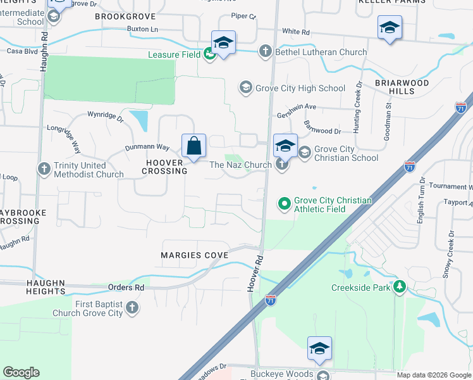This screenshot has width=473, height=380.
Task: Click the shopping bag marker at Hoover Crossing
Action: pos(193,146)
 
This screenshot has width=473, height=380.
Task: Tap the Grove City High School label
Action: pos(300,89)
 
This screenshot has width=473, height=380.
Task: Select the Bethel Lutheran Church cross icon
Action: pos(266,52)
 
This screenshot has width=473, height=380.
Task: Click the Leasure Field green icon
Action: pos(209,54)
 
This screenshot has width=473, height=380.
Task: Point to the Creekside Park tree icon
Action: pos(399,288)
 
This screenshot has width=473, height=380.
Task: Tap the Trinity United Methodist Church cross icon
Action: pos(44,169)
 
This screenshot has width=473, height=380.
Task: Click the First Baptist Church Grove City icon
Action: pos(132,308)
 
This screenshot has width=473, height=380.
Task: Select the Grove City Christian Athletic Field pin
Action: pos(284,204)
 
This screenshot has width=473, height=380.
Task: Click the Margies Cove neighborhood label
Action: pos(194,255)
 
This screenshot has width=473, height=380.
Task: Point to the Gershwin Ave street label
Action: pos(296,107)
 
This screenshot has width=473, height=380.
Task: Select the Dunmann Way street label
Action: pos(146,148)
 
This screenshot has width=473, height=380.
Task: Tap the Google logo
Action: pos(21,372)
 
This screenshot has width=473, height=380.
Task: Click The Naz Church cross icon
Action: pos(282,165)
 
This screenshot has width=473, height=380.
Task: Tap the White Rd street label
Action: pos(295,31)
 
